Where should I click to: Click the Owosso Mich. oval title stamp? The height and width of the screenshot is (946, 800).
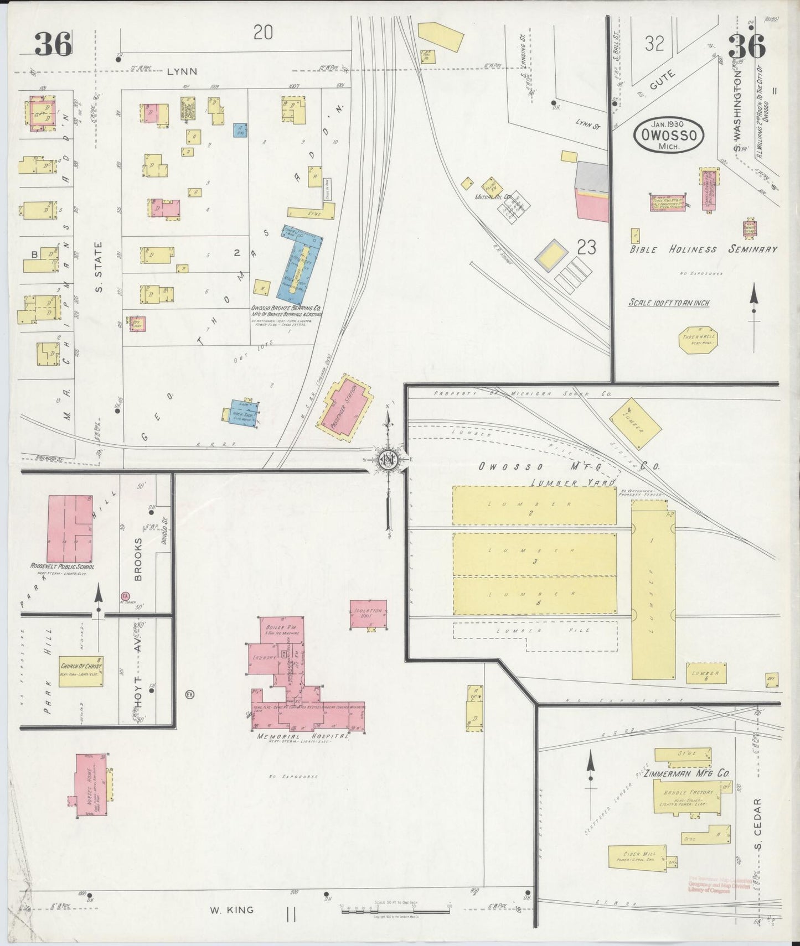(x=669, y=135)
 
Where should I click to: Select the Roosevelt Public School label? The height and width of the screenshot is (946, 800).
(x=62, y=566)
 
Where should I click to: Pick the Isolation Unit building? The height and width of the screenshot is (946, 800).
(x=368, y=614)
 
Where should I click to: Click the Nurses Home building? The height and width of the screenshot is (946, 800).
(x=91, y=785)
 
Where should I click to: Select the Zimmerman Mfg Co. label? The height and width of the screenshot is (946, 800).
(x=689, y=774)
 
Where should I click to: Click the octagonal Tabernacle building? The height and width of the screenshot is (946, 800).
(x=699, y=340)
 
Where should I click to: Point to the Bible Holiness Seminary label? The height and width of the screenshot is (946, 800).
(x=703, y=250)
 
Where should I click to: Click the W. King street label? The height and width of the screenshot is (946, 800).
(x=231, y=909)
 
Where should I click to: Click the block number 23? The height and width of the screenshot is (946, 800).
(x=586, y=247)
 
